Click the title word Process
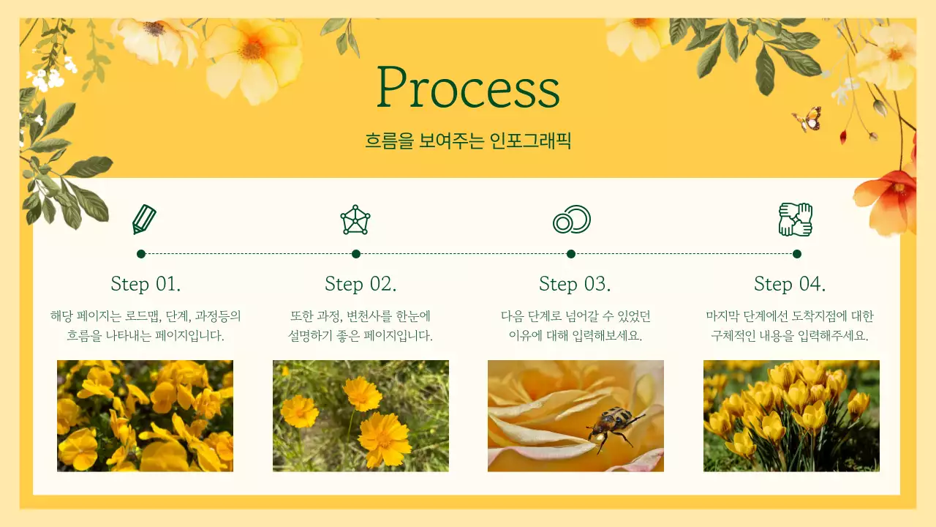pyautogui.click(x=468, y=87)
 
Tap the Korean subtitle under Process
pyautogui.click(x=468, y=141)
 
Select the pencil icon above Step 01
pyautogui.click(x=144, y=220)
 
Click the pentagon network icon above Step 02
pyautogui.click(x=355, y=220)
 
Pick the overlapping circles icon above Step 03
pyautogui.click(x=572, y=220)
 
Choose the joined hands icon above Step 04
pyautogui.click(x=796, y=220)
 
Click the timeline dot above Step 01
pyautogui.click(x=141, y=254)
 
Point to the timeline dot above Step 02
pyautogui.click(x=356, y=254)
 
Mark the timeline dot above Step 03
pyautogui.click(x=571, y=254)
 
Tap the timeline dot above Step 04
pyautogui.click(x=797, y=254)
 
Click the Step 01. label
pyautogui.click(x=146, y=285)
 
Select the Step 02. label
pyautogui.click(x=361, y=285)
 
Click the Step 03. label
pyautogui.click(x=575, y=285)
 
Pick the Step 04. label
pyautogui.click(x=790, y=285)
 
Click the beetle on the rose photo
pyautogui.click(x=614, y=427)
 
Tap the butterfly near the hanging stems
pyautogui.click(x=807, y=119)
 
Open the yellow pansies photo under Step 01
pyautogui.click(x=145, y=416)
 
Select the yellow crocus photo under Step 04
pyautogui.click(x=791, y=416)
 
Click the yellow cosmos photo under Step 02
pyautogui.click(x=361, y=416)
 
